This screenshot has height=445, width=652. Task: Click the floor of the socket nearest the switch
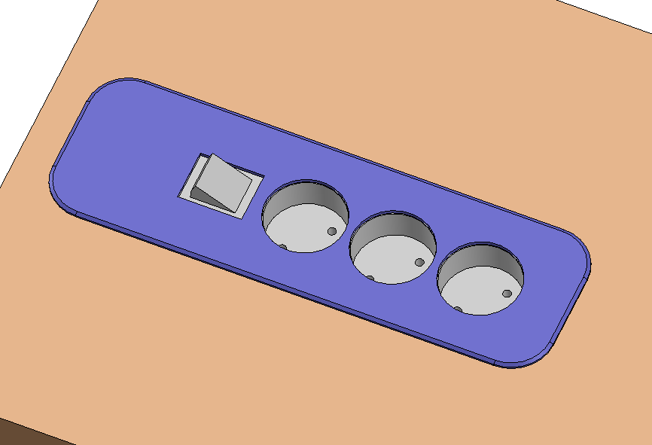pos(301,230)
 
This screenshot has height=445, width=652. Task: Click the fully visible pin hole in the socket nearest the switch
pos(331,231)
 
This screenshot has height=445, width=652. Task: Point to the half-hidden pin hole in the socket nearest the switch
pos(283,245)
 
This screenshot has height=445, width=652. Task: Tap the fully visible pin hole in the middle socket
pos(419,263)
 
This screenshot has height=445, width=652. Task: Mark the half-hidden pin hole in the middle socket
pos(370,277)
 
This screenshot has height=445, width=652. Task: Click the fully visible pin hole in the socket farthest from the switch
pos(507,294)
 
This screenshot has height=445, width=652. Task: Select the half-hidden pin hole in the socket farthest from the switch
pos(458,308)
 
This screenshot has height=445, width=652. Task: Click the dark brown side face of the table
pos(23,433)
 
